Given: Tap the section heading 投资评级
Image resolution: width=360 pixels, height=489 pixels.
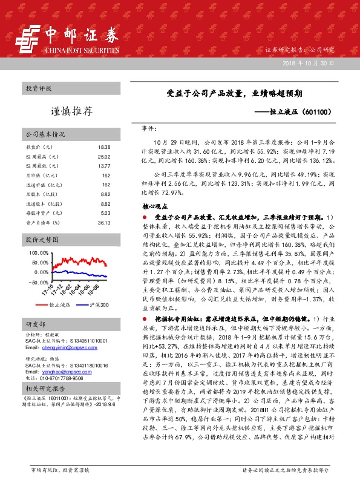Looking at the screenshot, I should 39,88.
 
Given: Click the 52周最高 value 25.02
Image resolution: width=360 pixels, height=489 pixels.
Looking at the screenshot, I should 103,157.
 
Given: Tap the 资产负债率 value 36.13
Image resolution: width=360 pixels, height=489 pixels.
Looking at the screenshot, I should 103,223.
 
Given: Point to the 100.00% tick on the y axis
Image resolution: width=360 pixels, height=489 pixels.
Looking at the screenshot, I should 38,253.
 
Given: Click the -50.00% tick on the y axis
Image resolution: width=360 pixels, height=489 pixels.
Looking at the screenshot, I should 38,283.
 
